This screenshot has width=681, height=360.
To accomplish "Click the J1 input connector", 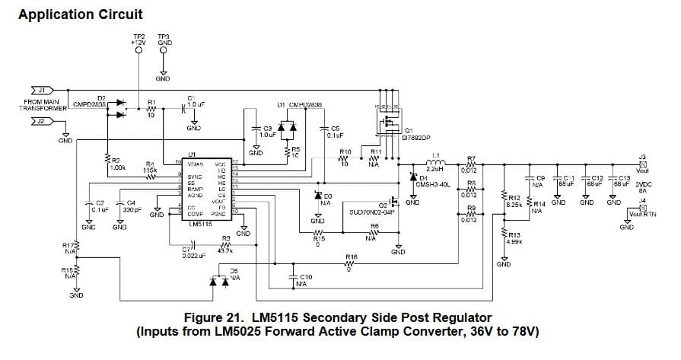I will coord(27,91).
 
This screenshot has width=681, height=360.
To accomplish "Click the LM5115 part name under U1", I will coord(199,224).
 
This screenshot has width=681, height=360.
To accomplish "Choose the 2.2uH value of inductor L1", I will coord(435,169).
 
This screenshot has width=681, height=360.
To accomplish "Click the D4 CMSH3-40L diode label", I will coord(431,180).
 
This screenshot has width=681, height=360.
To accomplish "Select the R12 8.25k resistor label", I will coord(513,201).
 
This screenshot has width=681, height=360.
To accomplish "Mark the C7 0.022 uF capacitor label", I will coord(189,252).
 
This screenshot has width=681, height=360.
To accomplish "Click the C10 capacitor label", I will coord(305,279).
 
